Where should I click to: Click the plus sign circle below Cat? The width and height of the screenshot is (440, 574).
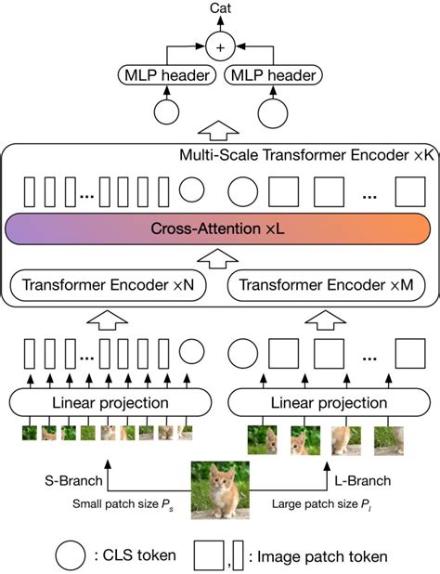point(220,44)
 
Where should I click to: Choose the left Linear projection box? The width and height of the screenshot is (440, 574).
point(102,402)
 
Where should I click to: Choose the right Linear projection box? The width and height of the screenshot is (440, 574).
point(329,402)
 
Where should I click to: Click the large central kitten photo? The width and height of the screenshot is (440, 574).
point(220,490)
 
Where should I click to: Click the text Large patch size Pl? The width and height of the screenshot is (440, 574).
point(317,506)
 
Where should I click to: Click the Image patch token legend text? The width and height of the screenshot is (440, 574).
point(319,555)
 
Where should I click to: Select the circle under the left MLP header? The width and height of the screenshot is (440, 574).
point(165,113)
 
